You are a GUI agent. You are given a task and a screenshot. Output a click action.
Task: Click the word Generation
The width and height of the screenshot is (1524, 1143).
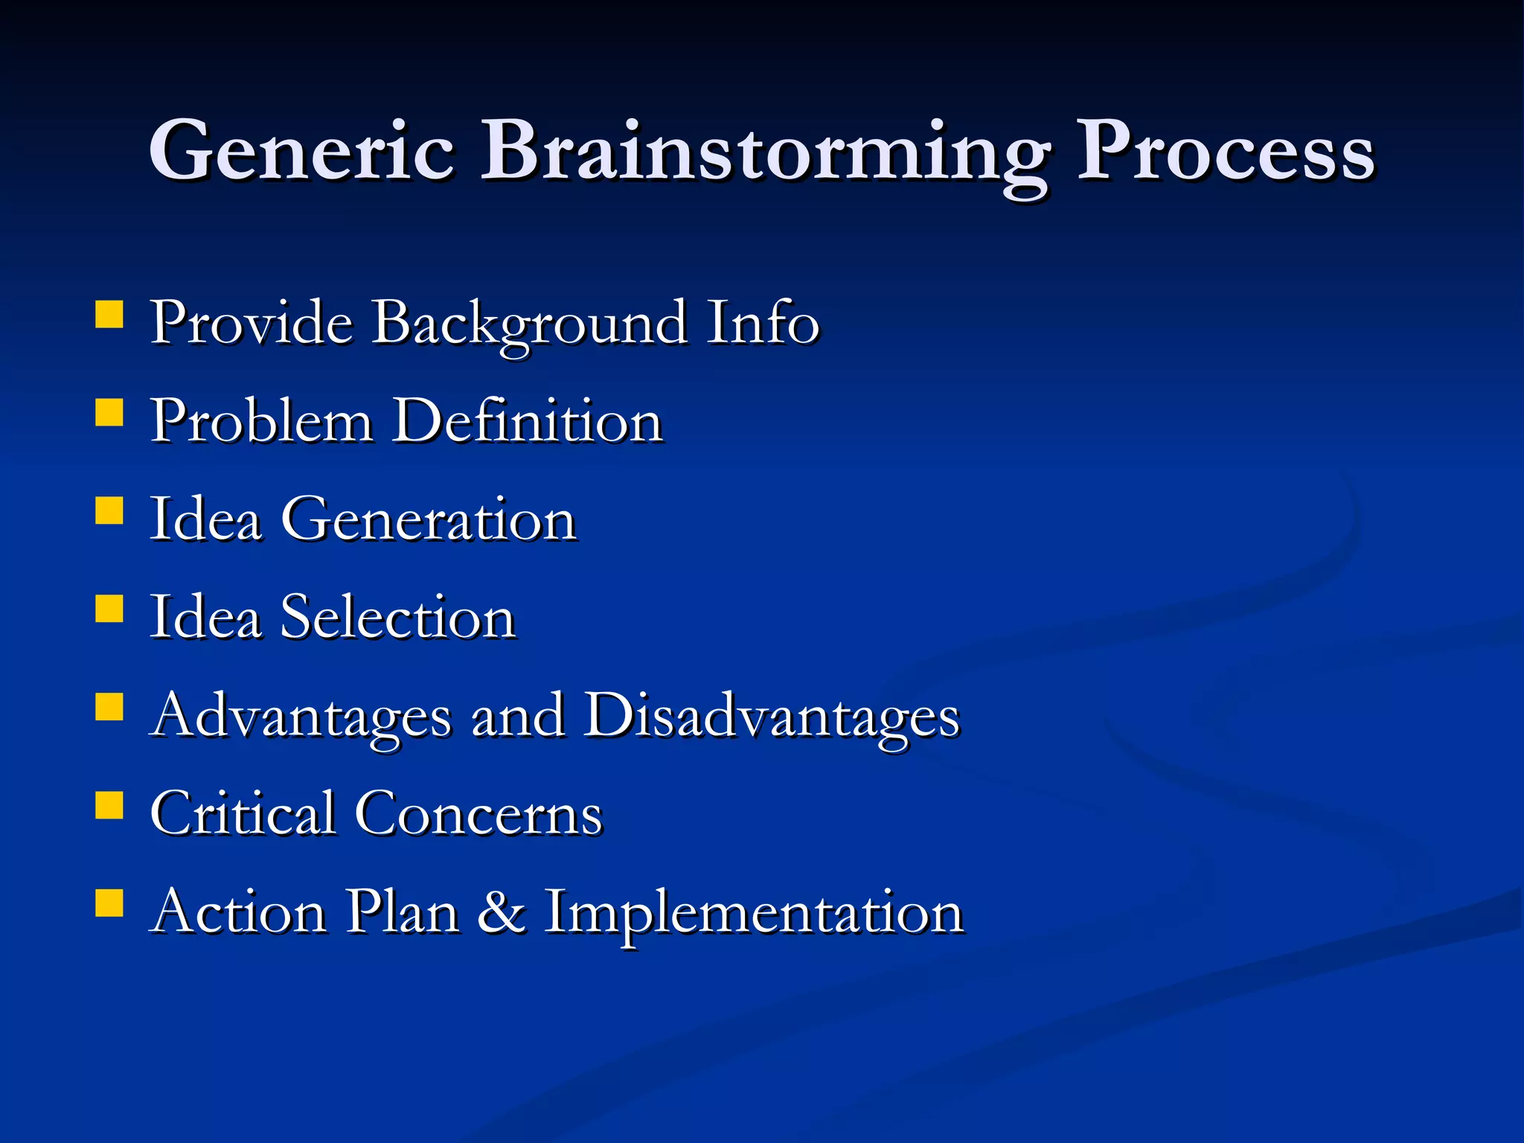(x=428, y=519)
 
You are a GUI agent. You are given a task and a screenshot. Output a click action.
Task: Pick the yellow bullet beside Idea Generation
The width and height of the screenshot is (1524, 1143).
(x=109, y=510)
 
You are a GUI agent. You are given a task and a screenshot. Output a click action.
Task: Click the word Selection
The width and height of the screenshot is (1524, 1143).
(x=397, y=617)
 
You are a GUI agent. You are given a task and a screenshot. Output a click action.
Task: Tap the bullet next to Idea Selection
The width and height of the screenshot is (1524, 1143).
(x=109, y=608)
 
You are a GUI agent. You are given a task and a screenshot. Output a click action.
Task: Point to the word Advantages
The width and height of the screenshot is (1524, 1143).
(x=301, y=716)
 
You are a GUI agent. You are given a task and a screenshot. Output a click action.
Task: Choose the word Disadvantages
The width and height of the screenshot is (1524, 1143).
(x=772, y=716)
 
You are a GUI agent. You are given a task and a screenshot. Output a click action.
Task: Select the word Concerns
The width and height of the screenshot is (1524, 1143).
(x=478, y=814)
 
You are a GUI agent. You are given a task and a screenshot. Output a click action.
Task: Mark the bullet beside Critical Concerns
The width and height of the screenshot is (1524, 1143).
(x=109, y=804)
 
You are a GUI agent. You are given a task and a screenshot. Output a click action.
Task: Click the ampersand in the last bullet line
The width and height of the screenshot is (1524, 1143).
(x=501, y=912)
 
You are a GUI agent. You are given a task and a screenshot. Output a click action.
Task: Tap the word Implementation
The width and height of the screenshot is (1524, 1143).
(x=754, y=914)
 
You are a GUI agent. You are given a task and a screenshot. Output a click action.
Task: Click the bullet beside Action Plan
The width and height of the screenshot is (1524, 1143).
(x=109, y=902)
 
